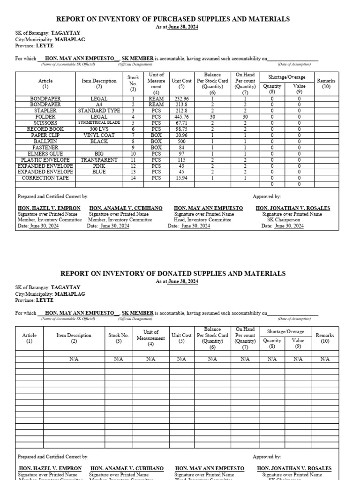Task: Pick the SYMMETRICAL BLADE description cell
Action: coord(99,123)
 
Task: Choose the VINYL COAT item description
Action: coord(99,135)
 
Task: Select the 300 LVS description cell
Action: coord(99,129)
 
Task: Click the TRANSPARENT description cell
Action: coord(99,160)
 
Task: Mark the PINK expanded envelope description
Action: coord(99,166)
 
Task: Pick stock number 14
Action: coord(133,178)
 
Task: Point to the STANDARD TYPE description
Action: coord(99,111)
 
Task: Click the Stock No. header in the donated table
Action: coord(119,338)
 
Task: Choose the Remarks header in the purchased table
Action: coord(326,83)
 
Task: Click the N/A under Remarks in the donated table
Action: coord(325,359)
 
